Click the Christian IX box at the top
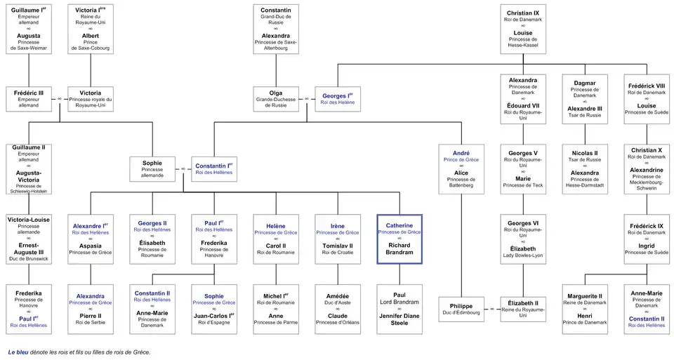pos(522,29)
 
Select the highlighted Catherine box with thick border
pos(399,239)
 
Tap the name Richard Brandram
pos(399,248)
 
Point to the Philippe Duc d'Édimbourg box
pos(461,309)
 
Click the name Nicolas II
pos(584,152)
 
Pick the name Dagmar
pos(584,83)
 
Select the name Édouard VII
pos(522,106)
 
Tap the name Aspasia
pos(90,246)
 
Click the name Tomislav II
pos(337,246)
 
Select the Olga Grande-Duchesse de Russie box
pos(275,98)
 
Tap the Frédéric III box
pos(28,98)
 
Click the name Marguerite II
pos(584,295)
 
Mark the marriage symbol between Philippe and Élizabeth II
pos(491,309)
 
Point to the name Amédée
pos(337,295)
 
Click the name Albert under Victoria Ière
pos(90,36)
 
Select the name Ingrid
pos(647,246)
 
